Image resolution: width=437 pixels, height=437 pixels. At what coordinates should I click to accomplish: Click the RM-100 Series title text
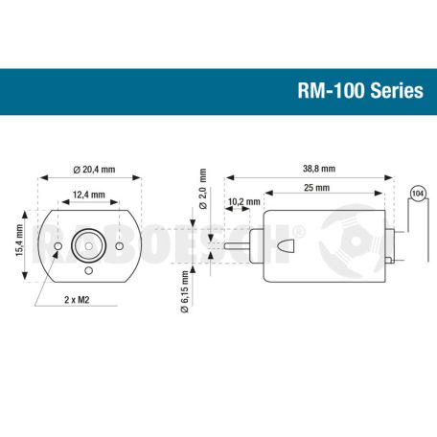(x=360, y=91)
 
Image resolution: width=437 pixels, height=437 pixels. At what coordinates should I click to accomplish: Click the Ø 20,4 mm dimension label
(x=93, y=169)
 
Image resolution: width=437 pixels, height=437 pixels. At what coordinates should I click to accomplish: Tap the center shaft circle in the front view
(x=88, y=245)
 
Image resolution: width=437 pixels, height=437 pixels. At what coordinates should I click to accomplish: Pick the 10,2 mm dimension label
(x=244, y=202)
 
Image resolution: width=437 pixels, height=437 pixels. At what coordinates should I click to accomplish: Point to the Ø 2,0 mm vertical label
(x=202, y=186)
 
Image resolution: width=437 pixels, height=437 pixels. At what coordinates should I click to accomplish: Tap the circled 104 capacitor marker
(x=417, y=194)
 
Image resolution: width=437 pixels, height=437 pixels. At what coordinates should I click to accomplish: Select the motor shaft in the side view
(x=240, y=246)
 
